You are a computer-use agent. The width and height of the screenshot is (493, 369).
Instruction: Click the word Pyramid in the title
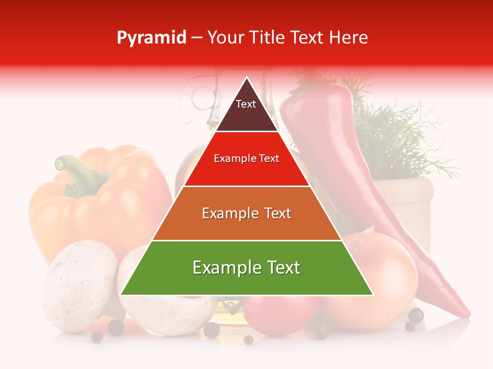pyautogui.click(x=151, y=37)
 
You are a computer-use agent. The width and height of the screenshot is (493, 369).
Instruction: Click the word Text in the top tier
pyautogui.click(x=245, y=104)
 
